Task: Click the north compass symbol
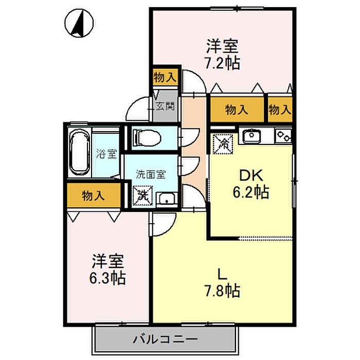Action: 79,23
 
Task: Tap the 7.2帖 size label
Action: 223,63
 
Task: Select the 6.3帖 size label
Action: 107,278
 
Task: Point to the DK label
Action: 251,175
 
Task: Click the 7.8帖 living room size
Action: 223,291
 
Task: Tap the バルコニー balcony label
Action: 165,339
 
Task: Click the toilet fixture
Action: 147,137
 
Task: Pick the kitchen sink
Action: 251,135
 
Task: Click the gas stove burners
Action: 283,136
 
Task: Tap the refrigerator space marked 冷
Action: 223,143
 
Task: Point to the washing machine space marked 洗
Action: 143,195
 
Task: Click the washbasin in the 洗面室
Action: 167,199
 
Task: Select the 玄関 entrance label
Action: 165,106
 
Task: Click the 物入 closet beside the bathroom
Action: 94,195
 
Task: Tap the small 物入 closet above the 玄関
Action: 165,77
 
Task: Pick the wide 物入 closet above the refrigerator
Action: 237,110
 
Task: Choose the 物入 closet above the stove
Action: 280,110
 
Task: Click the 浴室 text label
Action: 106,154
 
